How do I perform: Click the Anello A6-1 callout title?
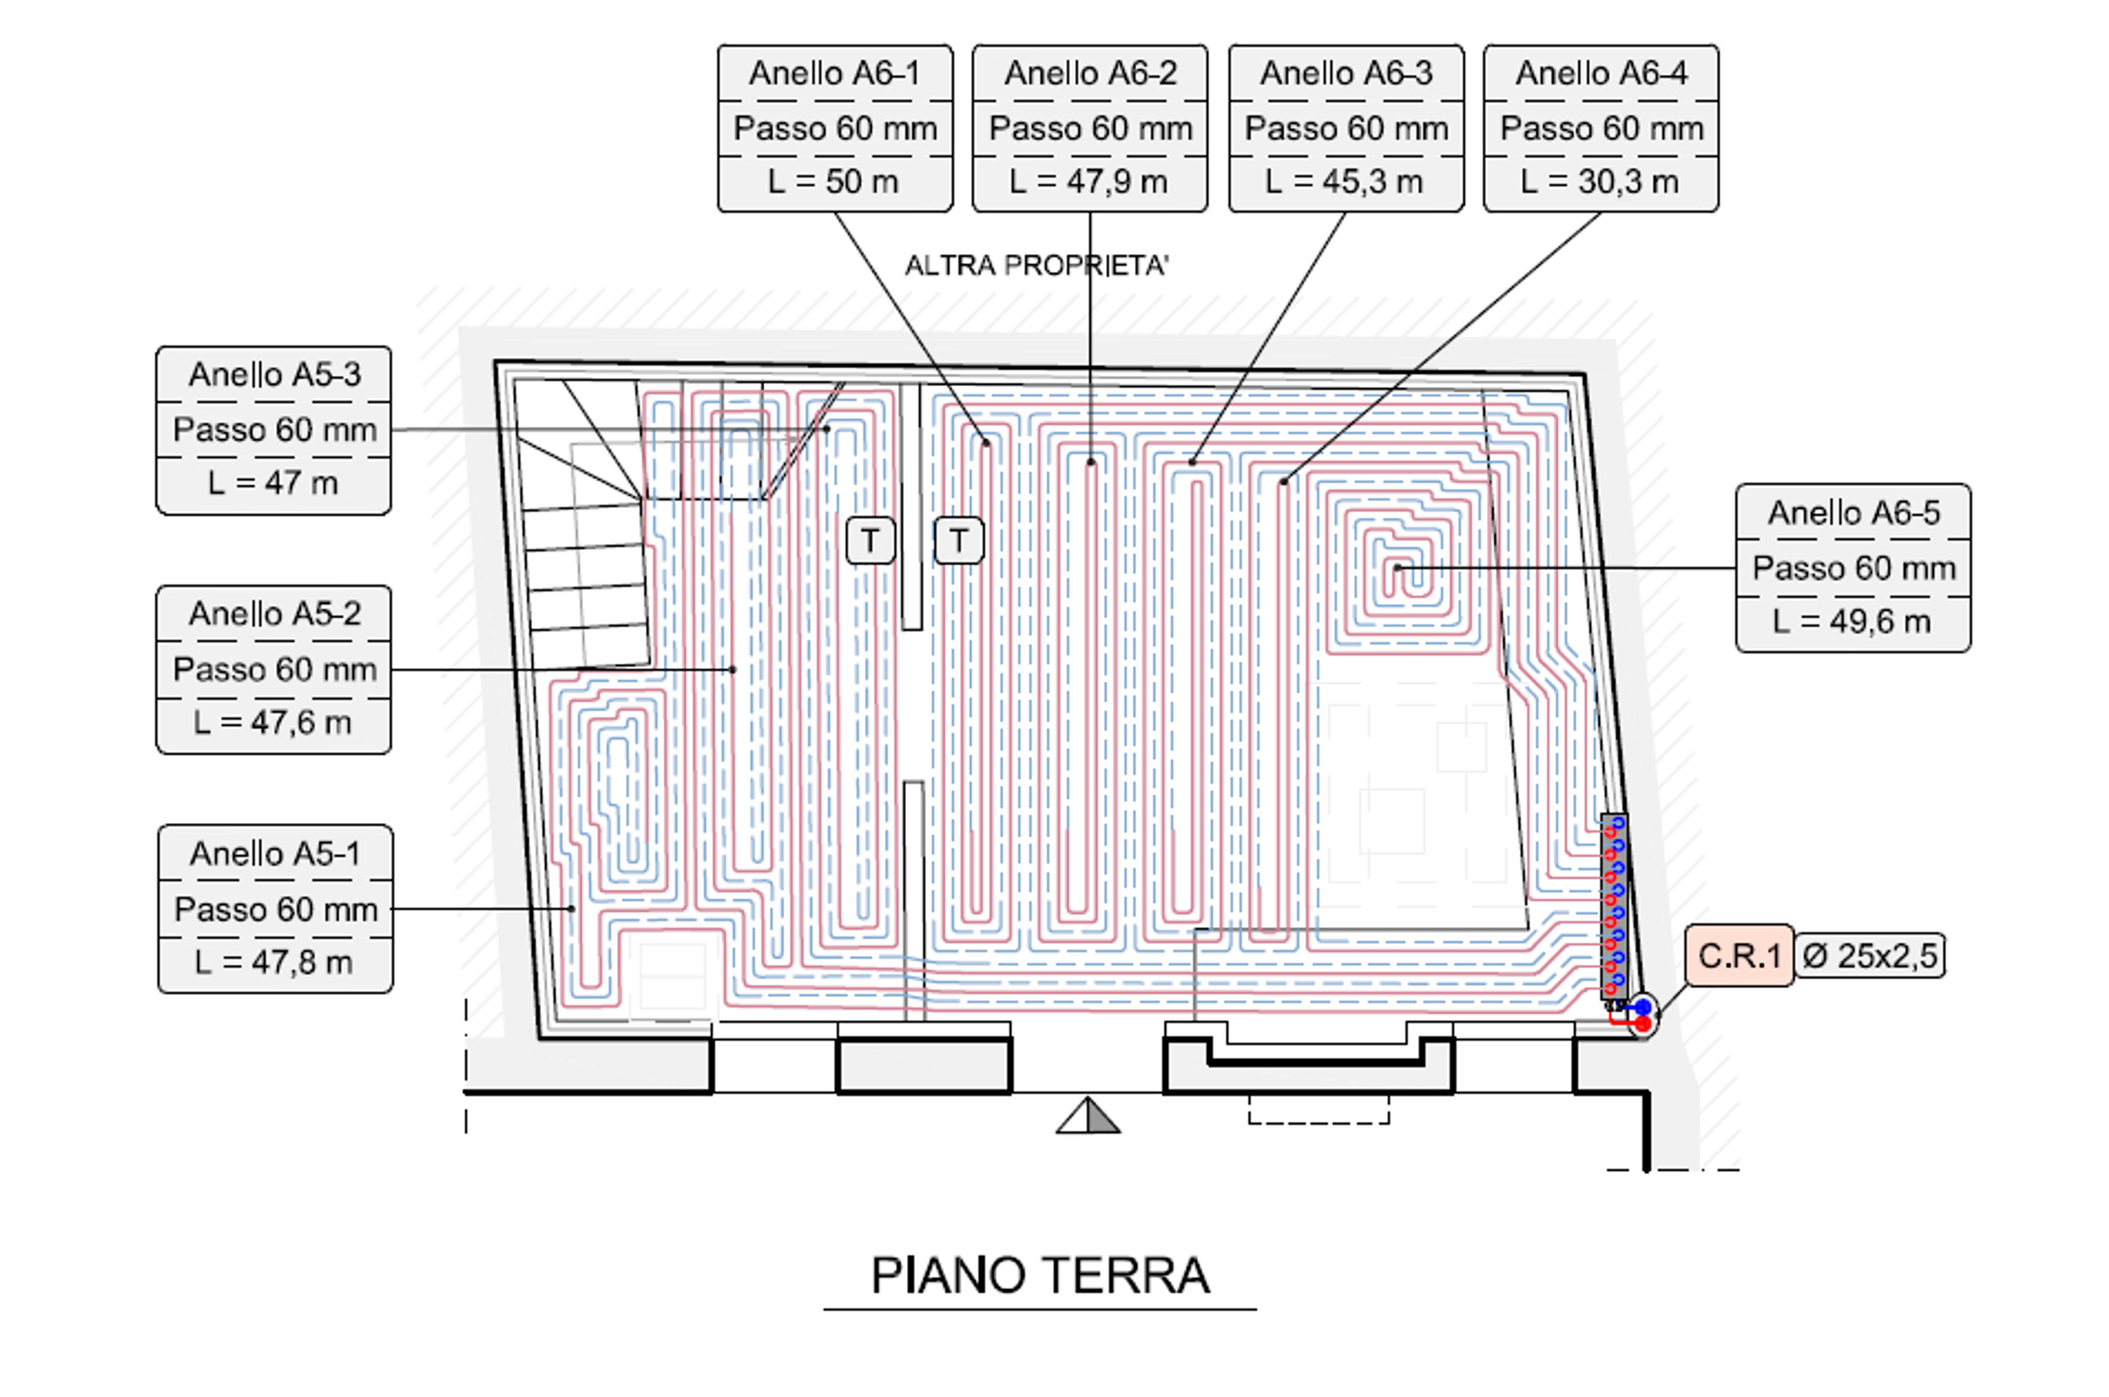click(x=834, y=73)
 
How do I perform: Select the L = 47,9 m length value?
click(x=1089, y=182)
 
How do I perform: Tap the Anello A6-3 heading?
click(x=1346, y=73)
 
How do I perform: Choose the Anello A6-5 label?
click(x=1854, y=513)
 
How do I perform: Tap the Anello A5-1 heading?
click(x=275, y=854)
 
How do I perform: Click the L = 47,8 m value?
click(x=274, y=962)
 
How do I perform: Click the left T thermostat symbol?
click(x=870, y=540)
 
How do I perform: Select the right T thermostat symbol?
click(x=958, y=540)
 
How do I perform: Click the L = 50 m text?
click(x=834, y=182)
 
